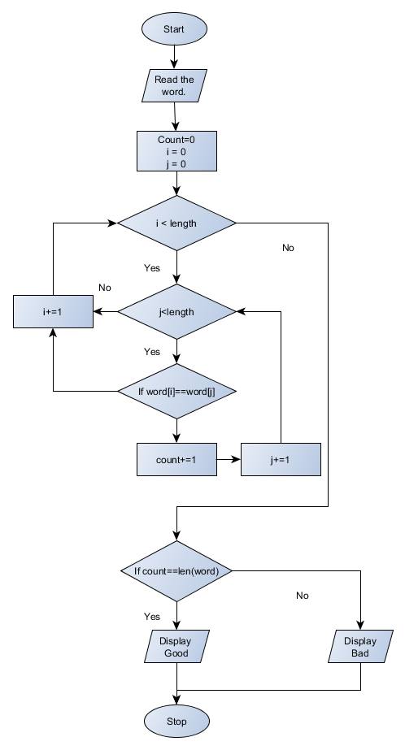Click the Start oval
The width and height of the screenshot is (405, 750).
tap(174, 29)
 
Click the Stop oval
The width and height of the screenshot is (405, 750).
tap(176, 721)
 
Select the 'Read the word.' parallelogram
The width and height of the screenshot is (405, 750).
tap(175, 85)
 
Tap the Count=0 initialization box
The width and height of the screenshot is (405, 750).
tap(176, 150)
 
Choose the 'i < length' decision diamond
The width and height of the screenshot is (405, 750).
tap(176, 223)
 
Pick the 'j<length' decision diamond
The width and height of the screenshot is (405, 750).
tap(176, 312)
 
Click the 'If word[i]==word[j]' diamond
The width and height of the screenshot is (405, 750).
tap(176, 392)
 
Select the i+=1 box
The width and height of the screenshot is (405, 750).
tap(53, 312)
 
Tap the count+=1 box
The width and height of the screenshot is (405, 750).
tap(176, 459)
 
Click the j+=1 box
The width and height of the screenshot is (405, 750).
tap(281, 459)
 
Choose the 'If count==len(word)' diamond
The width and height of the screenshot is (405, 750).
tap(176, 570)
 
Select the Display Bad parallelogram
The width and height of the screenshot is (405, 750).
tap(359, 648)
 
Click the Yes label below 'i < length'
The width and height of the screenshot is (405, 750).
tap(152, 268)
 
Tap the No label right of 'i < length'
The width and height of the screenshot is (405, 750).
tap(288, 248)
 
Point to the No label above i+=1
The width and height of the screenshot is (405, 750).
tap(104, 288)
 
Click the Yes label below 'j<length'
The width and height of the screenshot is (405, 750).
tap(152, 352)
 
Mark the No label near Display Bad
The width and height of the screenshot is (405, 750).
tap(303, 596)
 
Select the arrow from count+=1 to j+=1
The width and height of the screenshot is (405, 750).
tap(229, 459)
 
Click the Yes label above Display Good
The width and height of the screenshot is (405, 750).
tap(152, 617)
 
